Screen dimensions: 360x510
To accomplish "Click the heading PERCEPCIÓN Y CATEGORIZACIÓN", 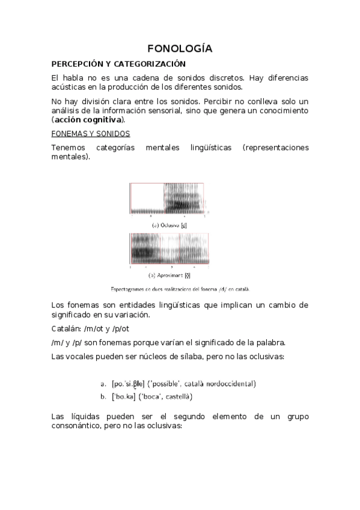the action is (118, 64).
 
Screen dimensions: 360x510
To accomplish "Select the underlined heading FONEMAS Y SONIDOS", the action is (91, 134).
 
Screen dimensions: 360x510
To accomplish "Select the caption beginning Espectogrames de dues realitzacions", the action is (180, 287).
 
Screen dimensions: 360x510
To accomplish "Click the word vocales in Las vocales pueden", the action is (80, 357).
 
